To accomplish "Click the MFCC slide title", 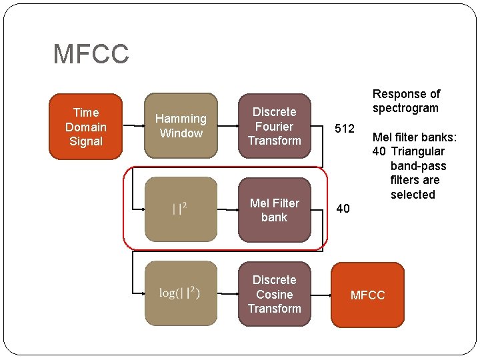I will [x=91, y=54].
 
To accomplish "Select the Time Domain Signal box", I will [x=86, y=127].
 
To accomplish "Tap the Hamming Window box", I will [x=181, y=125].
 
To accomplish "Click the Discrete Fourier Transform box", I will [x=274, y=125].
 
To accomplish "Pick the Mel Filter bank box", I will [x=274, y=210].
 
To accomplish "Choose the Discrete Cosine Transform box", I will [x=274, y=294].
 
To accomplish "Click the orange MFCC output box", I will [x=367, y=295].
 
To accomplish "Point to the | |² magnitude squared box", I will [x=181, y=209].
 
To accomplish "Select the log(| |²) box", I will [x=181, y=293].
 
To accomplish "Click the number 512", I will [x=344, y=129].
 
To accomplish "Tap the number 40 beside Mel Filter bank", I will [x=343, y=209].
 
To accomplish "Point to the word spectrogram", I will [x=405, y=108].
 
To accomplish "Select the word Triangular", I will [x=418, y=151].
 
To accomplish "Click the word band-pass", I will [x=418, y=166].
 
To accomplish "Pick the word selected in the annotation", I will [x=412, y=195].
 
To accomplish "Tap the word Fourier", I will [x=274, y=126].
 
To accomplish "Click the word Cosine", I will [x=274, y=294].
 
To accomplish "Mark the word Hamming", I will [x=181, y=119].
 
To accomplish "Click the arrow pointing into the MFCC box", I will [x=328, y=294].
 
